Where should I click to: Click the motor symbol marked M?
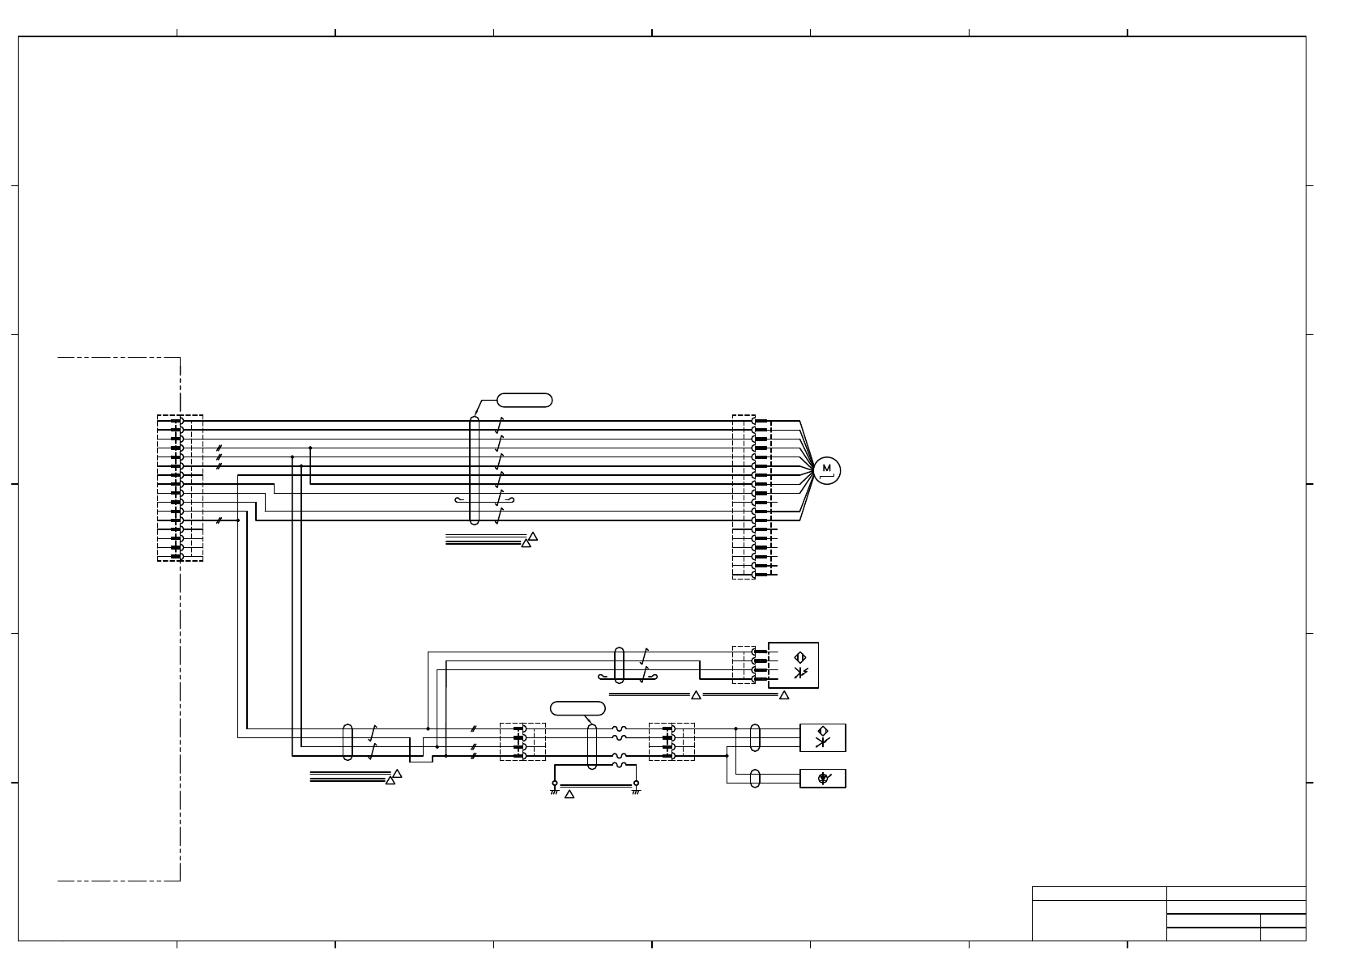[x=826, y=470]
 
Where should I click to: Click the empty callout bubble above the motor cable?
[x=524, y=400]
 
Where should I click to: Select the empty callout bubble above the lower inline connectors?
[x=578, y=707]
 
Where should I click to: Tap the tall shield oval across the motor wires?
[x=475, y=469]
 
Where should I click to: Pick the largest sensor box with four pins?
[x=793, y=665]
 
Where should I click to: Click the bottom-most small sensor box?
[x=823, y=779]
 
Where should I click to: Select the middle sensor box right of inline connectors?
[x=823, y=737]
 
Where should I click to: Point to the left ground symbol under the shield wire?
[x=554, y=788]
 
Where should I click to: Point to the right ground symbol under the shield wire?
[x=636, y=788]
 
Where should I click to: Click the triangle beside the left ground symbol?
[x=569, y=794]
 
